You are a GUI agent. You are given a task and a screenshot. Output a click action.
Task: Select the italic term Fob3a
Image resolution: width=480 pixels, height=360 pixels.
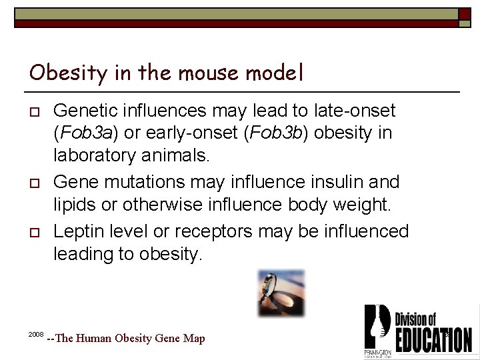click(85, 133)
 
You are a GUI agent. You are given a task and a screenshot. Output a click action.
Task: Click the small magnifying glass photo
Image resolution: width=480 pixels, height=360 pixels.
click(281, 293)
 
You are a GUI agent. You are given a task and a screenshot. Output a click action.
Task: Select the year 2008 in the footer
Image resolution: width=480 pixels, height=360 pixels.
click(36, 333)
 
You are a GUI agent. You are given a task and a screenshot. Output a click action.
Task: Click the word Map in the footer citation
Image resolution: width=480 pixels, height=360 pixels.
click(194, 339)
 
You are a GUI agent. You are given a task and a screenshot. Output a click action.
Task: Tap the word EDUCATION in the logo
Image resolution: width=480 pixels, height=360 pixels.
click(433, 339)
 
